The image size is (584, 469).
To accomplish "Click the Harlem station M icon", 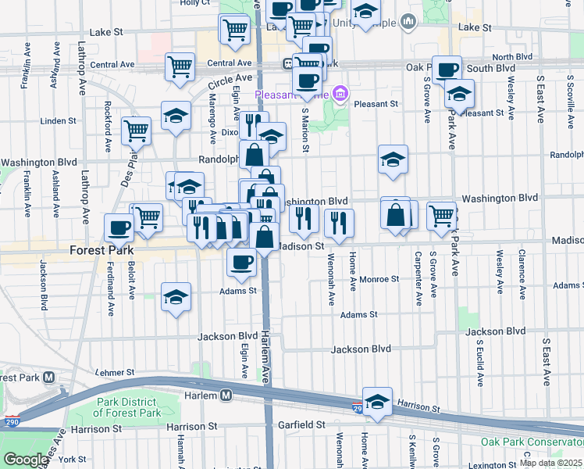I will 226,396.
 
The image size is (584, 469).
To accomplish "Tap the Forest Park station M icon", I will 48,377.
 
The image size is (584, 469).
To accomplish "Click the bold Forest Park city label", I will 102,251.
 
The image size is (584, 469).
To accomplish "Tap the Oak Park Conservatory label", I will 531,442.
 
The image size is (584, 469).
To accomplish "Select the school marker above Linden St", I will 176,116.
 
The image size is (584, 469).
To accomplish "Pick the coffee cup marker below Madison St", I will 241,260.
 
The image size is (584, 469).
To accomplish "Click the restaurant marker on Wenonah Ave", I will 340,223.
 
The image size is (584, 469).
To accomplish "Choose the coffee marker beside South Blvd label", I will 447,70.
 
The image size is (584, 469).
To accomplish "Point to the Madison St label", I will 301,245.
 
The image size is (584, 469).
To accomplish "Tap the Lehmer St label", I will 114,373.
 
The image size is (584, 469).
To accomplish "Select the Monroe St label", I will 379,278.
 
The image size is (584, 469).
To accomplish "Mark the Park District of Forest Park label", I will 128,407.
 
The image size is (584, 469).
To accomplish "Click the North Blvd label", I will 512,57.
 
